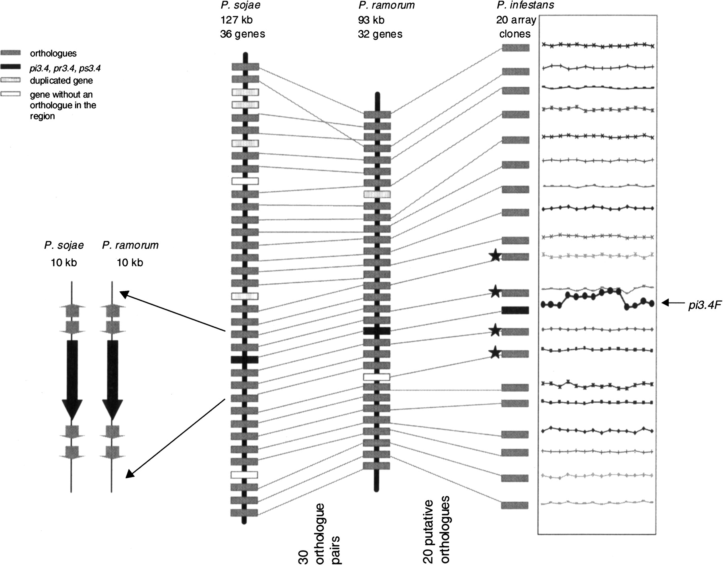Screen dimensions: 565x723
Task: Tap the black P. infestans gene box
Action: (x=515, y=310)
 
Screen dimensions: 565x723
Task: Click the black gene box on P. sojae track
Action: (x=244, y=360)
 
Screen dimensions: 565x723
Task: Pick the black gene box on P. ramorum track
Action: (x=377, y=331)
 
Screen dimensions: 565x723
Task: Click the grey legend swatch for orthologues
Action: (x=11, y=53)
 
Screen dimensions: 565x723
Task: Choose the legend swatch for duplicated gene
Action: (x=11, y=80)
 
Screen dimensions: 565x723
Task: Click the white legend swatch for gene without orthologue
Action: (x=11, y=95)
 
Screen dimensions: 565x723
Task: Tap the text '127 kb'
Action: (x=237, y=20)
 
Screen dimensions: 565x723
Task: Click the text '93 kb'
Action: (x=371, y=20)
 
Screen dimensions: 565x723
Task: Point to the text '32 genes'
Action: (x=380, y=34)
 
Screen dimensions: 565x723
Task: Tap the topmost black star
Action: (x=496, y=256)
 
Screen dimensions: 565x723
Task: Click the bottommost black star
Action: (x=496, y=352)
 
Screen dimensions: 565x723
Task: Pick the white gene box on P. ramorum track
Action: (x=377, y=377)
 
